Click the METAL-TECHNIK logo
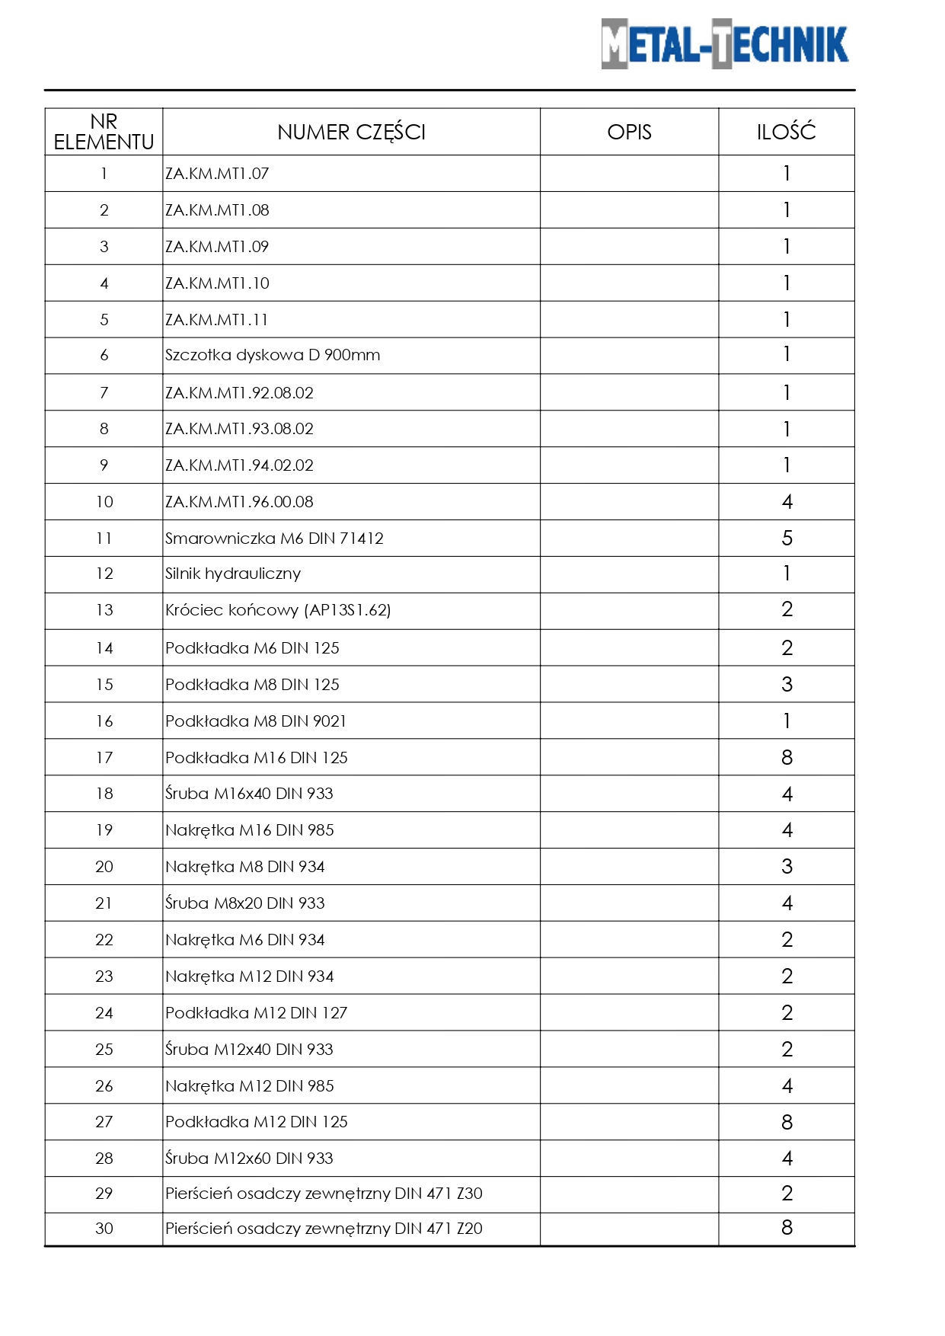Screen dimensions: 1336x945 pyautogui.click(x=724, y=44)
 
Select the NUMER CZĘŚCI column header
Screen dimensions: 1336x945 pyautogui.click(x=351, y=132)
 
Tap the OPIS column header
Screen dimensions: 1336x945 pyautogui.click(x=629, y=132)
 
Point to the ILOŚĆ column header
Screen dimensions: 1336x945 pyautogui.click(x=786, y=132)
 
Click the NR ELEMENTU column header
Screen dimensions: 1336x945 pyautogui.click(x=104, y=132)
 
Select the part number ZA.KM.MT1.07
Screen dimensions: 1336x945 pyautogui.click(x=218, y=174)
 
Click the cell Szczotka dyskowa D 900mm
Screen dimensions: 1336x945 pyautogui.click(x=273, y=355)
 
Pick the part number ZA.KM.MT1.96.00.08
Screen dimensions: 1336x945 pyautogui.click(x=239, y=502)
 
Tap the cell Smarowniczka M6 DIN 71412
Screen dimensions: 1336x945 pyautogui.click(x=274, y=539)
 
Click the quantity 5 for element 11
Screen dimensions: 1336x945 pyautogui.click(x=787, y=539)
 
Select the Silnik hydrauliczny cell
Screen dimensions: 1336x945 pyautogui.click(x=233, y=574)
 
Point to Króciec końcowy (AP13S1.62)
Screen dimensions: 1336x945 pyautogui.click(x=278, y=610)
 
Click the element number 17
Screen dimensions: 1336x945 pyautogui.click(x=104, y=758)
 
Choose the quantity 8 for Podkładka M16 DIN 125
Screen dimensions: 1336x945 pyautogui.click(x=787, y=758)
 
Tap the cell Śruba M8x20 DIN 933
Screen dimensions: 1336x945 pyautogui.click(x=245, y=903)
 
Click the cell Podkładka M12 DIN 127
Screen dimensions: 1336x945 pyautogui.click(x=256, y=1013)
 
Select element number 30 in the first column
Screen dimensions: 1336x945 pyautogui.click(x=104, y=1229)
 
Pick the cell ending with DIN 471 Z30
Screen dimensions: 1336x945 pyautogui.click(x=324, y=1194)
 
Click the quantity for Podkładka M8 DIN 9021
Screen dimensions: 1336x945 pyautogui.click(x=787, y=721)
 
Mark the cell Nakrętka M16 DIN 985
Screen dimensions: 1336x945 pyautogui.click(x=250, y=830)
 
